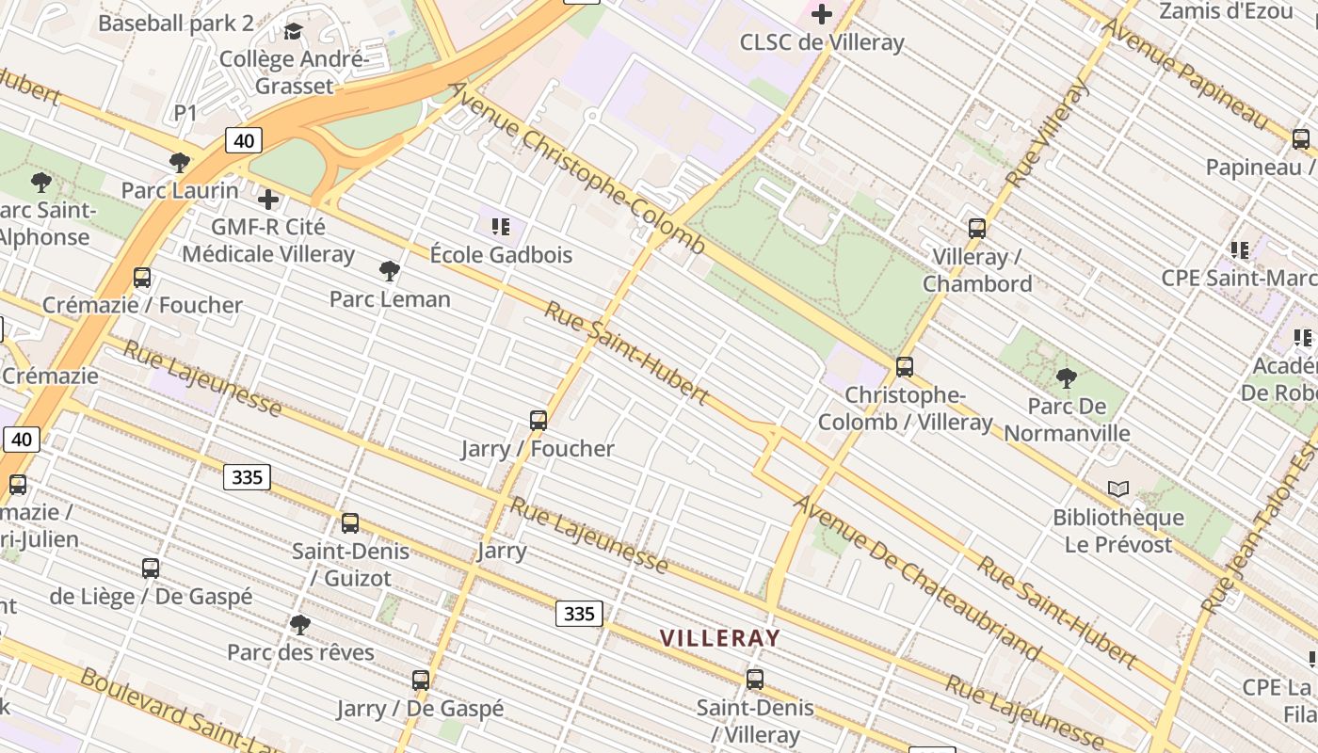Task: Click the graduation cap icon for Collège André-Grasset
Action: (x=294, y=32)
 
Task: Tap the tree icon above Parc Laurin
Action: (x=179, y=162)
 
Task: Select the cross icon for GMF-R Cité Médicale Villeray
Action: (x=268, y=199)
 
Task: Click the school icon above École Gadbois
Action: (x=501, y=226)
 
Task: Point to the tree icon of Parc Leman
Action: (x=389, y=271)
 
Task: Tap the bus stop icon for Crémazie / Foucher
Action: (x=142, y=277)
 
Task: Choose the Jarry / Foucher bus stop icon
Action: (x=538, y=420)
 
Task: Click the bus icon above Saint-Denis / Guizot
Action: (x=350, y=522)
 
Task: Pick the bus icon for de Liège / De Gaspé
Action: (x=151, y=568)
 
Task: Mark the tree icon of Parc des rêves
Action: (x=300, y=623)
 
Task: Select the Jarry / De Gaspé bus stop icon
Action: (x=421, y=680)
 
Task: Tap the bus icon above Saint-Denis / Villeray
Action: (x=755, y=679)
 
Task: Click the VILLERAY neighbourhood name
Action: (x=720, y=638)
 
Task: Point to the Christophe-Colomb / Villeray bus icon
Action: (x=905, y=366)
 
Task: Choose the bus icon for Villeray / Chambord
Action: (x=977, y=228)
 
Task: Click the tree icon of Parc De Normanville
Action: (x=1066, y=378)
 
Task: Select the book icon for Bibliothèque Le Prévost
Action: (x=1118, y=489)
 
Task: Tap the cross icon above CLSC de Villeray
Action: (x=822, y=13)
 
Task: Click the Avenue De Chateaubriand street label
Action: (x=917, y=578)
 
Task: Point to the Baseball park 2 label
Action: (x=176, y=23)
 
